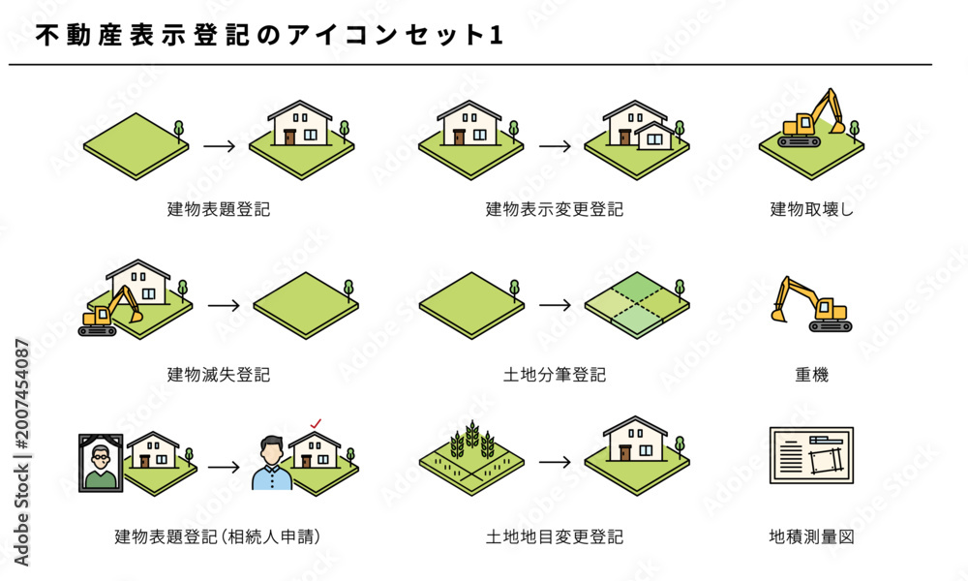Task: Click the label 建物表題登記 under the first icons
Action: [x=219, y=209]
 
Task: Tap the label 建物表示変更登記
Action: [x=555, y=209]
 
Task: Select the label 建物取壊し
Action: [x=811, y=209]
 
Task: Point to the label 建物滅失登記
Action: [x=219, y=374]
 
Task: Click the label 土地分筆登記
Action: [x=555, y=374]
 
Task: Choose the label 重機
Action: [x=811, y=374]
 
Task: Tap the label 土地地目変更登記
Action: [x=555, y=536]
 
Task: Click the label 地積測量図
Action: [x=811, y=536]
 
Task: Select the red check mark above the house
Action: [x=316, y=423]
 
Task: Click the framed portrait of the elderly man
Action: [x=101, y=463]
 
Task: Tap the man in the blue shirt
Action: [x=272, y=464]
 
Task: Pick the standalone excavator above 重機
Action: [x=811, y=304]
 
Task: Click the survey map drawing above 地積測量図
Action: [x=811, y=455]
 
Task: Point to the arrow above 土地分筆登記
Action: [x=555, y=305]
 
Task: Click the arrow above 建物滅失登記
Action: [x=224, y=306]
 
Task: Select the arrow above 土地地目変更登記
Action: [x=555, y=463]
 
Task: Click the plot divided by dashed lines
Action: [x=637, y=306]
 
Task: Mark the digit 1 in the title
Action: [x=497, y=35]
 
